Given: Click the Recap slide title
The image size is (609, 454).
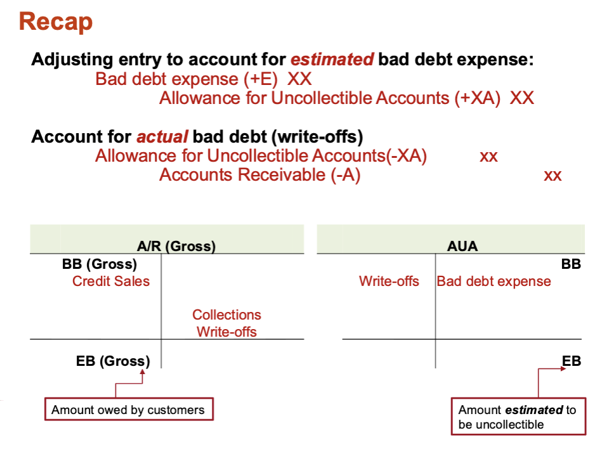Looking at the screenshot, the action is coord(56,22).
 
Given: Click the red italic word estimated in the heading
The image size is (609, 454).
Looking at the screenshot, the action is coord(332,60).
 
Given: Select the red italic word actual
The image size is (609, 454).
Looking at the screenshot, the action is coord(162,137).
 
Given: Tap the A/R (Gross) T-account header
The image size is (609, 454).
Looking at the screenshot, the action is coord(176,246).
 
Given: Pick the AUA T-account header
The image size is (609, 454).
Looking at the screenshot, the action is coord(462,246).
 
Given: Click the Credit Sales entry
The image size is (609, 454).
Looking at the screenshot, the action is coord(111,281).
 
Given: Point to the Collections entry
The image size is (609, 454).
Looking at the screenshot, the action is coord(227,315).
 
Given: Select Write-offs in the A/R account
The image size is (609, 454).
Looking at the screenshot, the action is coord(227,332).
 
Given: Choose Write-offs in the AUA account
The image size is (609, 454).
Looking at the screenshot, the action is coord(389,281).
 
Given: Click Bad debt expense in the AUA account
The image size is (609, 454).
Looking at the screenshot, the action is coord(494,281).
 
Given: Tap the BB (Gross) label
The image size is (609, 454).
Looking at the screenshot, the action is coord(100,264).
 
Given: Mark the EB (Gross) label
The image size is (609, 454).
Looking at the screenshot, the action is coord(113,361).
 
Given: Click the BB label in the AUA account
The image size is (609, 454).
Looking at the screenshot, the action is coord(571,264).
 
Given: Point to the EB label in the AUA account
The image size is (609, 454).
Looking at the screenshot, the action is coord(572,361).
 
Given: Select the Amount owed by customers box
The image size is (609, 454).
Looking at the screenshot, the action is coord(129,409).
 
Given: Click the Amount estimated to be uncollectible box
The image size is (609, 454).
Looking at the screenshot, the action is coord(518,417).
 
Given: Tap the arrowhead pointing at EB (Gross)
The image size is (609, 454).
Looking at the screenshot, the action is coord(143,372).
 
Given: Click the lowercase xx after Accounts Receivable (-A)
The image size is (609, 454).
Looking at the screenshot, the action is coord(553,176).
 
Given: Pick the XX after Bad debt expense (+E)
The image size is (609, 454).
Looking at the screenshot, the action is coord(299,79).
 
